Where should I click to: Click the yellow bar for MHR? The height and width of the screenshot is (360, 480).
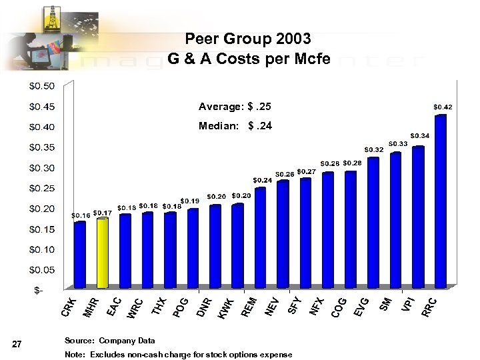coord(102,253)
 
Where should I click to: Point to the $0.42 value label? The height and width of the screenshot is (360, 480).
coord(443,107)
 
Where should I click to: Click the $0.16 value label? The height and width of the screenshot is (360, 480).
coord(81,215)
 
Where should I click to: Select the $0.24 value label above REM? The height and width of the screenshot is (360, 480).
coord(261,180)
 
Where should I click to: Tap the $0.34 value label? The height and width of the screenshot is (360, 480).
coord(420,135)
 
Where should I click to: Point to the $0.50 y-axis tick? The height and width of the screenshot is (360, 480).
coord(41,85)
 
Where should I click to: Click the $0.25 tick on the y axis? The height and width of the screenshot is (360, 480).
coord(41,188)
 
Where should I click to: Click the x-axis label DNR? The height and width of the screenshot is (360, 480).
coord(205,306)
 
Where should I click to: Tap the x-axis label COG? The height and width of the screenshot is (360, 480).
coord(338,306)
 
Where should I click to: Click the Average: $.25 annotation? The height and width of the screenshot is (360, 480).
coord(235,107)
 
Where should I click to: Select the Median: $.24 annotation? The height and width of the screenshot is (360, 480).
coord(235,126)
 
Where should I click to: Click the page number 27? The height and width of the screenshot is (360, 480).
coord(18,344)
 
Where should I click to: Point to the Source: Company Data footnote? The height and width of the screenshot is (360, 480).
coord(109,341)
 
